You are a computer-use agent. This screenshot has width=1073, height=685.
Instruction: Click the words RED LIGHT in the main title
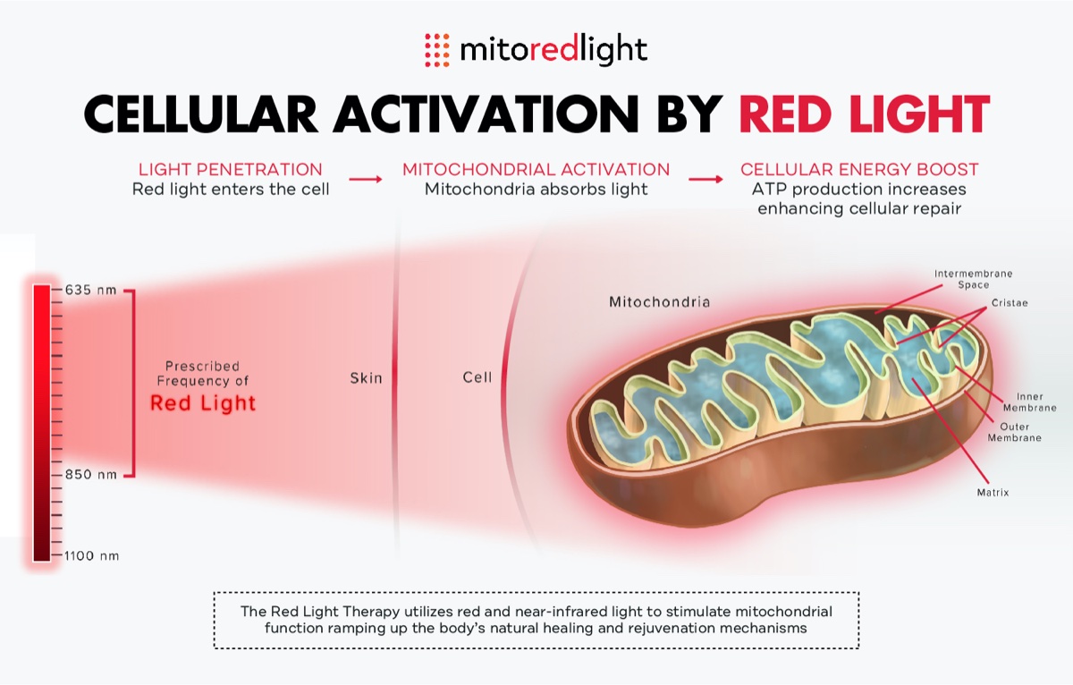coord(864,114)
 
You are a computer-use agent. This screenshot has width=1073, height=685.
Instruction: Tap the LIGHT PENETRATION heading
coord(230,169)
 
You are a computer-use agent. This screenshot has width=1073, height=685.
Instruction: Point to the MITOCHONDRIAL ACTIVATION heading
coord(536,169)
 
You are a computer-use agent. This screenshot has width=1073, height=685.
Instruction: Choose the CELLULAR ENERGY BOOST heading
coord(859,169)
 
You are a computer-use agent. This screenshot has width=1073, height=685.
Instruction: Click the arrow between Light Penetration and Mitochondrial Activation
coord(365,179)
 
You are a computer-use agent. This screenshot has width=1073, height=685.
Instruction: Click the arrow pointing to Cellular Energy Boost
coord(705,179)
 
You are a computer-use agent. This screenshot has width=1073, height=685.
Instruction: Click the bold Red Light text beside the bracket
coord(203,403)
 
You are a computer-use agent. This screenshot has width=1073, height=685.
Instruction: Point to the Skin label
coord(366,378)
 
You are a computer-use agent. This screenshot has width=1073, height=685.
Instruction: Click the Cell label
coord(477,377)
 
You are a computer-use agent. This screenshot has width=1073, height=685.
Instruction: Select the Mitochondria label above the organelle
coord(659,302)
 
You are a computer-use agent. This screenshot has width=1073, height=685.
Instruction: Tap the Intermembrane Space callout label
coord(974,279)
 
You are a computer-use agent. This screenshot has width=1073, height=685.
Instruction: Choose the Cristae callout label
coord(1010,303)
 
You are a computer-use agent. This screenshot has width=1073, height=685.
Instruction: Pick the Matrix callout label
coord(993,492)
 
